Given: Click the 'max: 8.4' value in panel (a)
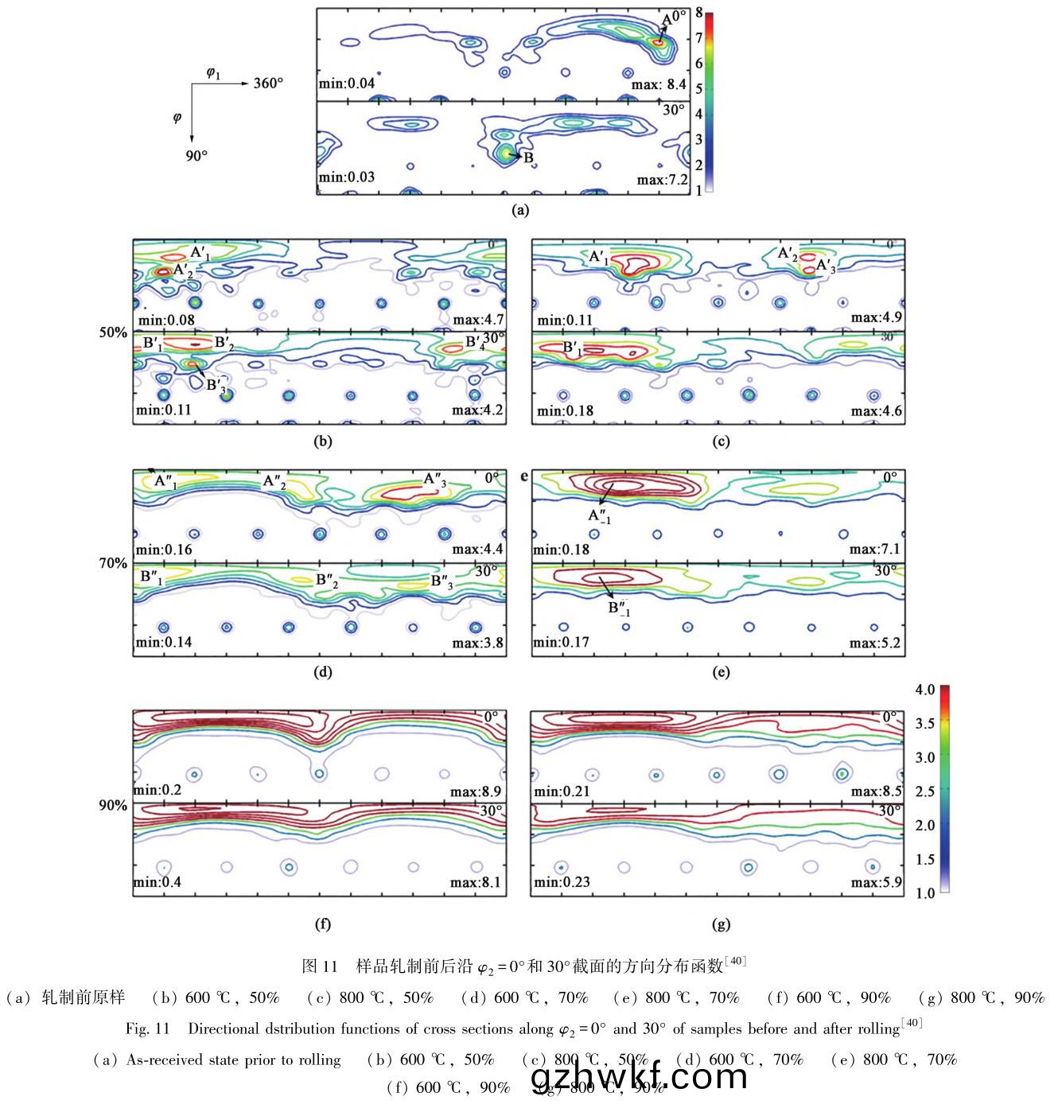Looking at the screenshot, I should (x=659, y=84).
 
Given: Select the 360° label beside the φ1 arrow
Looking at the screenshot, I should (x=268, y=83).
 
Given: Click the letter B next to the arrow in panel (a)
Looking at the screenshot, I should (x=528, y=157).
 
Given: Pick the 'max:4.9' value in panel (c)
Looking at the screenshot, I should (x=876, y=317).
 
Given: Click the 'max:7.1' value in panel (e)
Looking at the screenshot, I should (x=874, y=550).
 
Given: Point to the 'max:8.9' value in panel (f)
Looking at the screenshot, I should (x=476, y=791).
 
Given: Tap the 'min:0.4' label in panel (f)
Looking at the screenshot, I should (x=157, y=882).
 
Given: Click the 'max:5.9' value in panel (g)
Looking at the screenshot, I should (x=876, y=882).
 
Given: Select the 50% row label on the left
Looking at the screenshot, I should (x=113, y=332).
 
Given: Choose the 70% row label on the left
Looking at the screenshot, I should (x=113, y=563).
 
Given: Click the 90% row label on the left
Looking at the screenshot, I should (x=113, y=805).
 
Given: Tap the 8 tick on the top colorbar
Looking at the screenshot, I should (x=698, y=13).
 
